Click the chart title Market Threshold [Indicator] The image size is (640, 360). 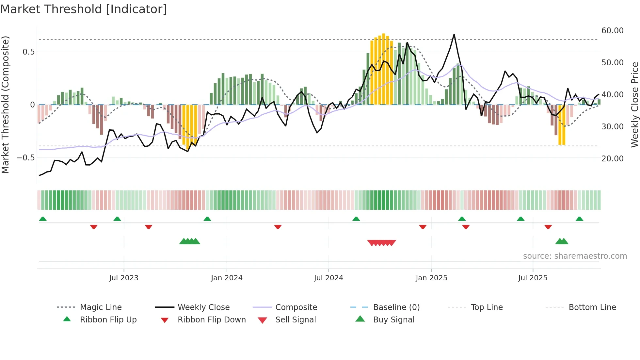(x=84, y=9)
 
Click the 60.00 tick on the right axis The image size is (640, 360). (x=612, y=31)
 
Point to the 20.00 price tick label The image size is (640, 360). (x=612, y=159)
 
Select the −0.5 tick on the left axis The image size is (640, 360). (x=25, y=158)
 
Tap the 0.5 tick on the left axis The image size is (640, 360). (x=28, y=52)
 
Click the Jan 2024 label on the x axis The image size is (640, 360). (x=227, y=278)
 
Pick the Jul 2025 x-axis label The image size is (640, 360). (x=533, y=278)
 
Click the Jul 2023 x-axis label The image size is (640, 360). (x=124, y=278)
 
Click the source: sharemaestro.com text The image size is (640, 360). (x=575, y=256)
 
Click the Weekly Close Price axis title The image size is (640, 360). (x=634, y=105)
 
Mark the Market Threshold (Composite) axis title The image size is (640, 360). (x=5, y=105)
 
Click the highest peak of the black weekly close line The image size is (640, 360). (x=454, y=34)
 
